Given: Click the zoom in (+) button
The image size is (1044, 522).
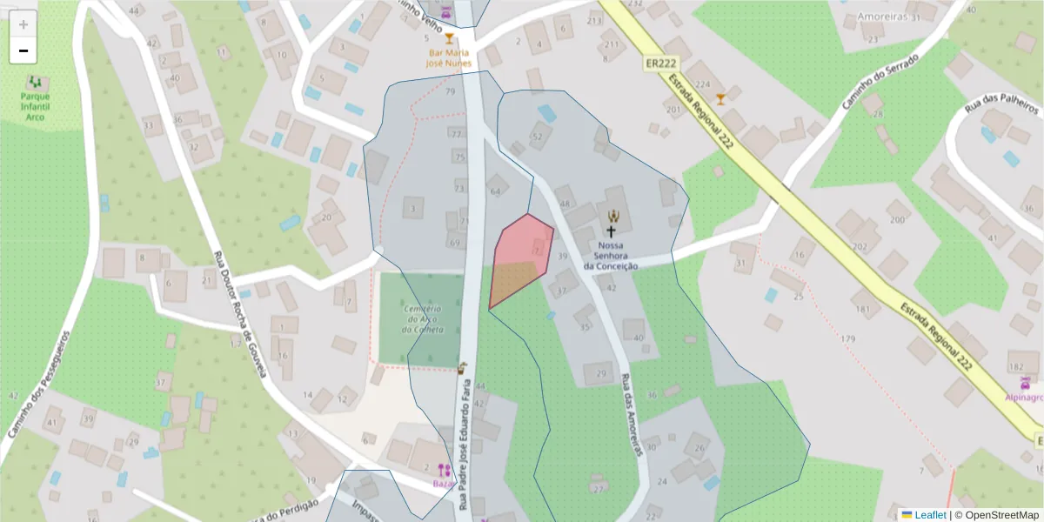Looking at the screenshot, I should point(23,24).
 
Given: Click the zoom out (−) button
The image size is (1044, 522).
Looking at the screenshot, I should point(23,50).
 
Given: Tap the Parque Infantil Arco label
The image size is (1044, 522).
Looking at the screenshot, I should point(35,106).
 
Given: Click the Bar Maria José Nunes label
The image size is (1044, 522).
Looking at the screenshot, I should point(449,57).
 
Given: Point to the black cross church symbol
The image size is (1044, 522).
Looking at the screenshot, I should point(612,232).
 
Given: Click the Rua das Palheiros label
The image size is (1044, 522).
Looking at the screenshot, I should point(1002,106).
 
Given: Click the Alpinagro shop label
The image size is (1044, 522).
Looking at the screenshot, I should point(1024,397).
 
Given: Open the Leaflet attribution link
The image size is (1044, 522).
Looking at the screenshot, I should point(929,515).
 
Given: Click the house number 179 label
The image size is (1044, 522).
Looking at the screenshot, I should point(848,338).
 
